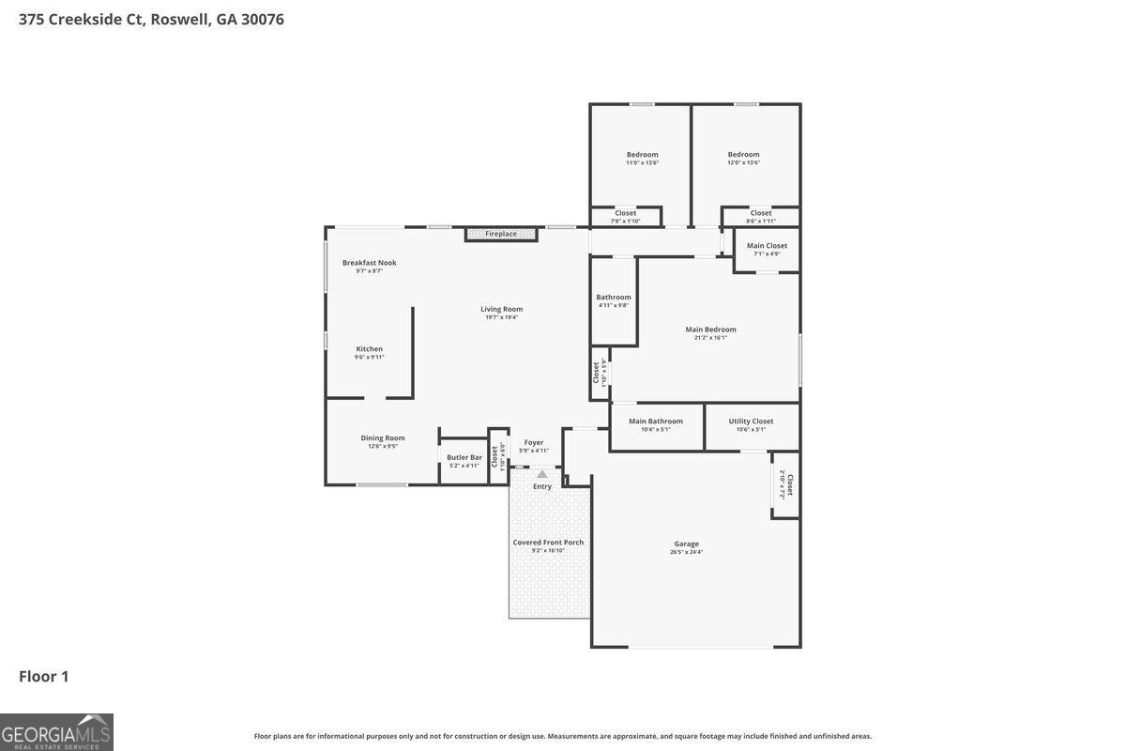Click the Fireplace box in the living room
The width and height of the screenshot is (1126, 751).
pyautogui.click(x=501, y=234)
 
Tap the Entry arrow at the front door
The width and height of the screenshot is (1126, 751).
pyautogui.click(x=542, y=475)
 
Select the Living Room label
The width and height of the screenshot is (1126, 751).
pyautogui.click(x=501, y=309)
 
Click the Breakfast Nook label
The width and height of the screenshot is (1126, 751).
pyautogui.click(x=369, y=263)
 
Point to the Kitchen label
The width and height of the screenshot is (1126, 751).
pyautogui.click(x=369, y=349)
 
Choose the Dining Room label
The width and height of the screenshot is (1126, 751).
pyautogui.click(x=383, y=437)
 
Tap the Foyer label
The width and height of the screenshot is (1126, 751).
pyautogui.click(x=534, y=442)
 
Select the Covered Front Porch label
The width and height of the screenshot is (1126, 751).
pyautogui.click(x=548, y=543)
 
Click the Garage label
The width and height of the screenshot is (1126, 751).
pyautogui.click(x=686, y=544)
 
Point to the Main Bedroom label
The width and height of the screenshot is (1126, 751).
pyautogui.click(x=710, y=330)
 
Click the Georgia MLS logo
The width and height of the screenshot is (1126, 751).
pyautogui.click(x=56, y=732)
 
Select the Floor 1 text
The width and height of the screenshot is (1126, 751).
pyautogui.click(x=44, y=676)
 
